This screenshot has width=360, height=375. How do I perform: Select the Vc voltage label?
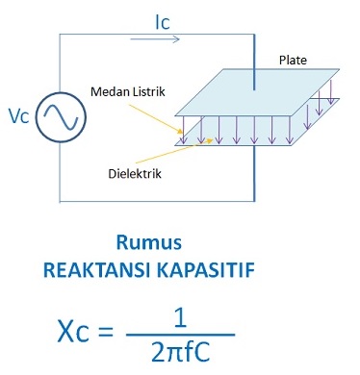(18, 116)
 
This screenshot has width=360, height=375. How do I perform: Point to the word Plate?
(293, 60)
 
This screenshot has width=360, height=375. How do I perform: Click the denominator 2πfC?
(188, 354)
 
